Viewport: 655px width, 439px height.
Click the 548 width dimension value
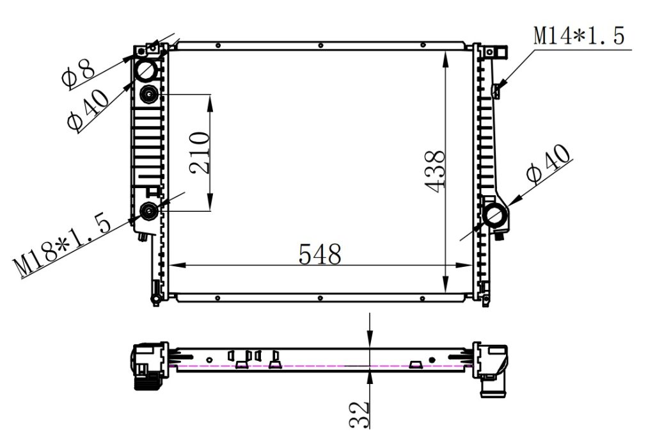320,254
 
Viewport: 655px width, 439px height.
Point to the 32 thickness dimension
359,414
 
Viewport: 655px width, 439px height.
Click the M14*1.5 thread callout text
579,36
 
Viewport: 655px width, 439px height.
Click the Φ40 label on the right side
548,163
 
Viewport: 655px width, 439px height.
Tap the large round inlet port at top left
147,68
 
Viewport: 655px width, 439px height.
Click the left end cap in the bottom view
148,365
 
